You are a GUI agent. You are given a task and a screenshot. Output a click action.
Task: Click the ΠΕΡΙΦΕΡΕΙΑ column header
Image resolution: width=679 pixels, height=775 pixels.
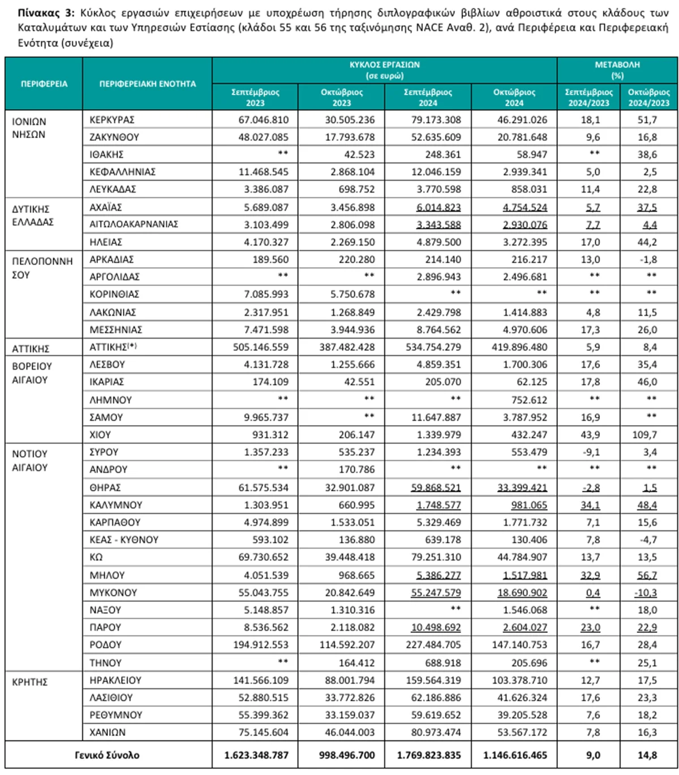click(x=44, y=84)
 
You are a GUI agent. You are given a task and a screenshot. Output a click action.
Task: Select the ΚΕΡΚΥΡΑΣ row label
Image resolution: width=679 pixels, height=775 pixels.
click(x=112, y=120)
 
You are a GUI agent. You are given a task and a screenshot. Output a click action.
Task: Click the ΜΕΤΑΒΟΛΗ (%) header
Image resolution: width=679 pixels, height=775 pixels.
click(x=617, y=70)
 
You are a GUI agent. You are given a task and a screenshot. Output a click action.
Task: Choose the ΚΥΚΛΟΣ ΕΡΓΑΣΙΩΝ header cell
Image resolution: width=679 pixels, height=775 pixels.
click(x=384, y=70)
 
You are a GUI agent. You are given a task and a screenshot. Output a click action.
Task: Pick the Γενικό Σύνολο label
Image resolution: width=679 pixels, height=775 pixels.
click(x=107, y=755)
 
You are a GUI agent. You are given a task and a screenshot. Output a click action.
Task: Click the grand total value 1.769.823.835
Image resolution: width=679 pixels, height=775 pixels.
click(x=428, y=755)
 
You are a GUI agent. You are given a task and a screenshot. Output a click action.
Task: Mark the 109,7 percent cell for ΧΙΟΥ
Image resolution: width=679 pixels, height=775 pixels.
click(x=645, y=435)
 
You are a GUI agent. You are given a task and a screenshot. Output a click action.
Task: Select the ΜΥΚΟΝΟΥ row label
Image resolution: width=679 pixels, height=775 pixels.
click(x=113, y=593)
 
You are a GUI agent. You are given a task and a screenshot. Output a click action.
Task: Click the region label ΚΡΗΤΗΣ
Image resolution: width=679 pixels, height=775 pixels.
click(x=30, y=682)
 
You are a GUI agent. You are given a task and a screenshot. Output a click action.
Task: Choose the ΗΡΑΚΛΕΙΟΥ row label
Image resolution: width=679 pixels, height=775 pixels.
click(x=115, y=680)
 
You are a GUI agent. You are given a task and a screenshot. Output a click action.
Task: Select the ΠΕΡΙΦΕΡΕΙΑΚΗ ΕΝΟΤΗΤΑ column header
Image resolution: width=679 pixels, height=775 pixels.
click(x=147, y=84)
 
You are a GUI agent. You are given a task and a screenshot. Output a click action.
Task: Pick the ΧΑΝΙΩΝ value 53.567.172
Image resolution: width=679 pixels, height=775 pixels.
click(x=522, y=733)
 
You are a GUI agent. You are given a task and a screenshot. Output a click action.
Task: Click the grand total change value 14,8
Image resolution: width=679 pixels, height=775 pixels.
click(x=647, y=755)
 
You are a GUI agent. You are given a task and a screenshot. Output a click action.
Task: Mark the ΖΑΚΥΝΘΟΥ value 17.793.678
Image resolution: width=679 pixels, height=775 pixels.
click(x=349, y=137)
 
